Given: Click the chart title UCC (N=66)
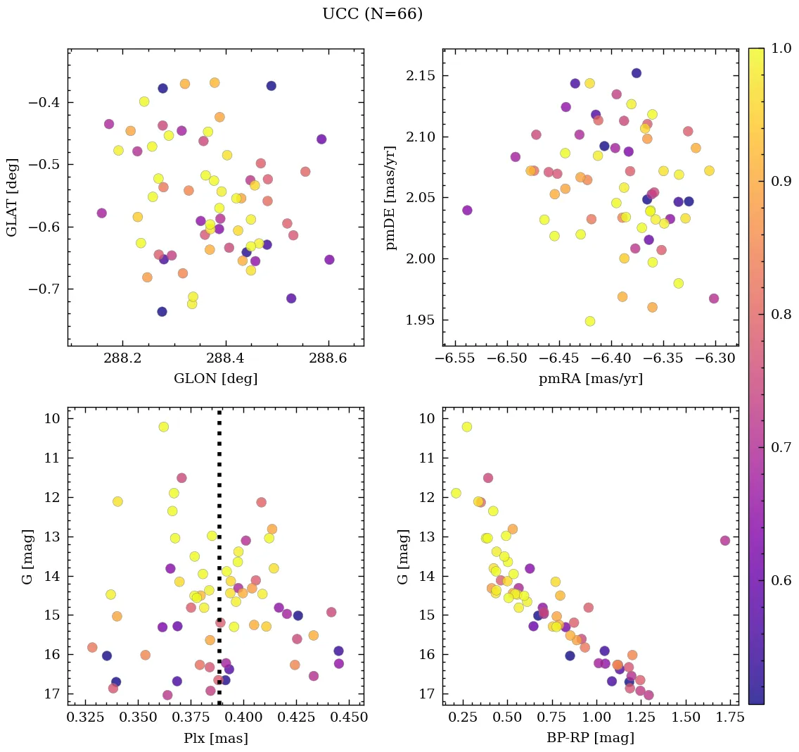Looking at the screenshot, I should (x=372, y=14).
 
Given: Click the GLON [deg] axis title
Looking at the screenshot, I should (x=215, y=379).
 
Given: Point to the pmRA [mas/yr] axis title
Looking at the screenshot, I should (x=590, y=379).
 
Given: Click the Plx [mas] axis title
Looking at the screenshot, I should (x=215, y=739).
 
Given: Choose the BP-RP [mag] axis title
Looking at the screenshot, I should (x=590, y=739).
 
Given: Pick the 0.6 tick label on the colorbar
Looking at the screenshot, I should (x=779, y=580).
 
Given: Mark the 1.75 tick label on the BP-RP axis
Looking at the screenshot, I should (x=722, y=718).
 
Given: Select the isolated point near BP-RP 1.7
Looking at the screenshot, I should (x=725, y=541).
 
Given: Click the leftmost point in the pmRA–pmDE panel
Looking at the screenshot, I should (x=467, y=211).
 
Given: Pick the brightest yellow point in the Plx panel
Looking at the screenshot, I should (x=164, y=427).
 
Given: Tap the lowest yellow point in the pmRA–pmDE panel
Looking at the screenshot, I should (x=590, y=321).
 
